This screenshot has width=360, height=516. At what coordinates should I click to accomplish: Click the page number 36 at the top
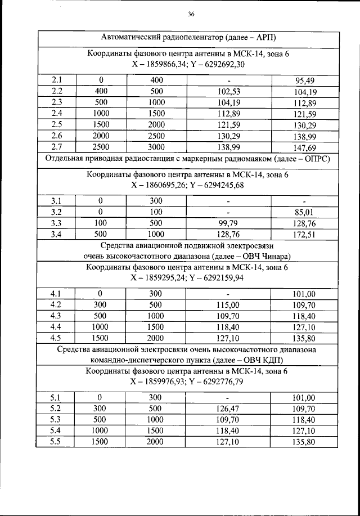click(x=191, y=14)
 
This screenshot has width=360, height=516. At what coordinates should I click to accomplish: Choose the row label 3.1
click(x=56, y=201)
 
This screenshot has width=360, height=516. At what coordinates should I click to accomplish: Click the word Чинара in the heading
click(x=283, y=256)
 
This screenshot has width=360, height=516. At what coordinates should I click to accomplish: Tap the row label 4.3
click(x=56, y=316)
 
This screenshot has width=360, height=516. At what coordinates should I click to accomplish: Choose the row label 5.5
click(x=56, y=442)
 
